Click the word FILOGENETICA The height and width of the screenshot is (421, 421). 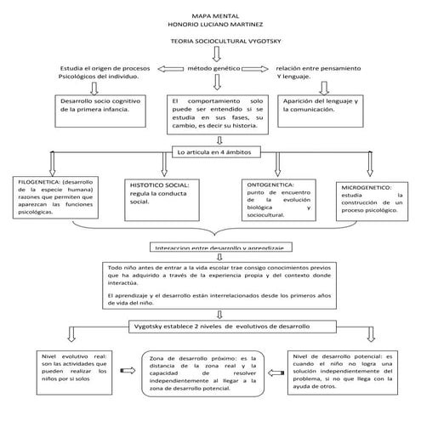pos(39,180)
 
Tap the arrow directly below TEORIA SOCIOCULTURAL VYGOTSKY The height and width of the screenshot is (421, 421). pos(214,54)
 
